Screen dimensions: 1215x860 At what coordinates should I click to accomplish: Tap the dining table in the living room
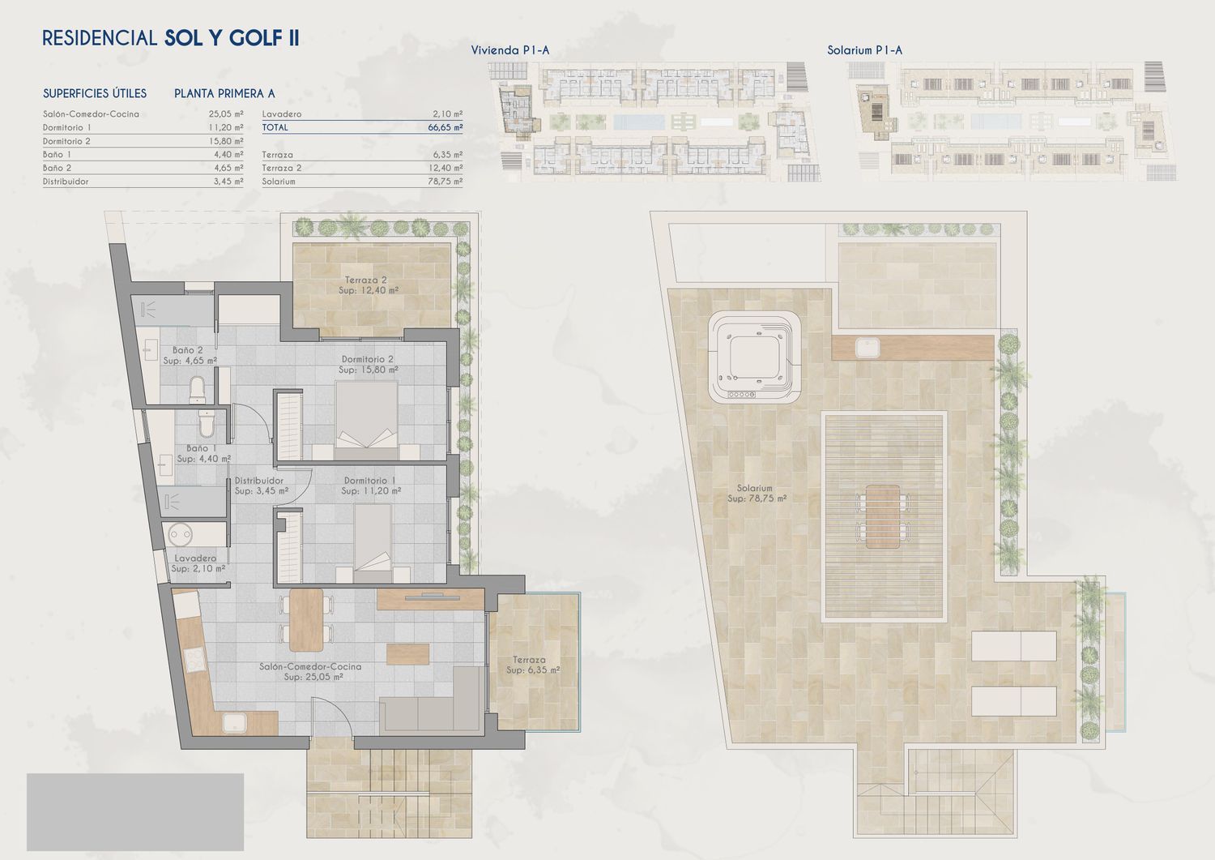click(306, 620)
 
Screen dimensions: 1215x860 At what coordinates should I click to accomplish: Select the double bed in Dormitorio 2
click(367, 421)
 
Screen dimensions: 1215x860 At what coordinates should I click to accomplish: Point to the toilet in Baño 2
click(198, 391)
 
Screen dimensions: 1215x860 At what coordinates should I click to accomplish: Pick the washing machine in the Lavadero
click(180, 535)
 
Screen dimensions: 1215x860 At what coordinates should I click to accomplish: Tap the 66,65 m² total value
click(445, 127)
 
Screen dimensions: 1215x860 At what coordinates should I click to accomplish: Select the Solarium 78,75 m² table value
click(445, 182)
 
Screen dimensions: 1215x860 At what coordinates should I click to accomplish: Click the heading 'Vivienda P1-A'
click(509, 50)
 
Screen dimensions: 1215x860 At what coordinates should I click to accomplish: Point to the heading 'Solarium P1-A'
click(864, 50)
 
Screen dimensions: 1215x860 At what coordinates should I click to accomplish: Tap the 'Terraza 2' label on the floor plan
click(366, 280)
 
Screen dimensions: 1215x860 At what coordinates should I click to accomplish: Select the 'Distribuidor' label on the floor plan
click(258, 481)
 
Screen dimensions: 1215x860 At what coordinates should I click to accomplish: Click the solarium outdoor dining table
click(883, 517)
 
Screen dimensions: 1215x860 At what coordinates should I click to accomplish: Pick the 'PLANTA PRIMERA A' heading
click(224, 93)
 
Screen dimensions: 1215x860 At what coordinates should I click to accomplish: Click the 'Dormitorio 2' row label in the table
click(66, 141)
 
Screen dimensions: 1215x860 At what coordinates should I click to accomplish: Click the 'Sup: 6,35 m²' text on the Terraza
click(533, 670)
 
